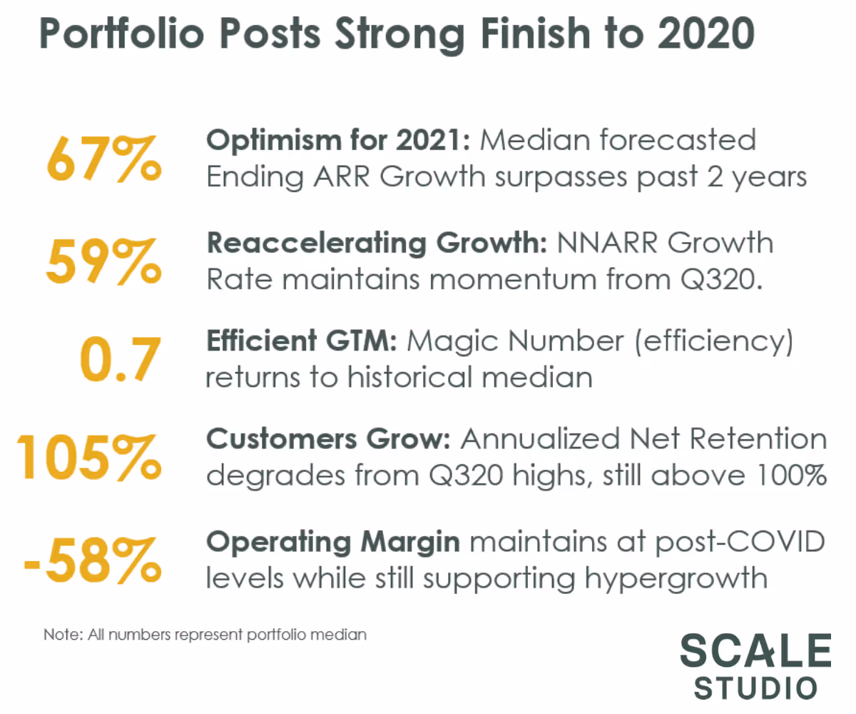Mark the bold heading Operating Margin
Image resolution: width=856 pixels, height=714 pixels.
click(333, 542)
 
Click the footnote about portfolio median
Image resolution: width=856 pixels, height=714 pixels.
click(205, 634)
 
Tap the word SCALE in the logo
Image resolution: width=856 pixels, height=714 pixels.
click(755, 651)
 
